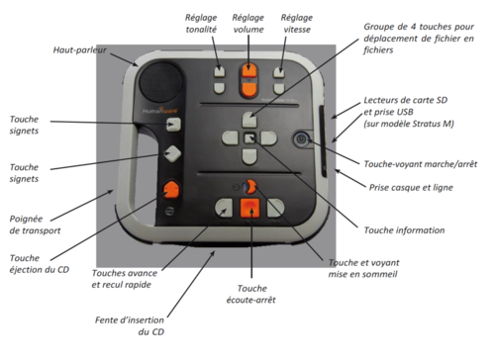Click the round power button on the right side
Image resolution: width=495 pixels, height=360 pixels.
tap(302, 140)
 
